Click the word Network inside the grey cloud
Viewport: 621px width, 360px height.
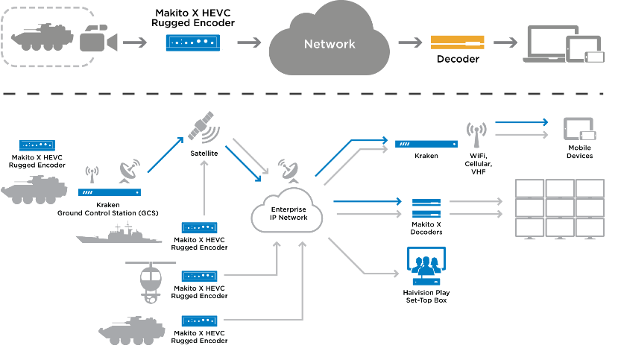pos(330,44)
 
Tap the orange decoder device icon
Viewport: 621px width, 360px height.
pos(458,42)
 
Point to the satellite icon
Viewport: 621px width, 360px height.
pos(203,128)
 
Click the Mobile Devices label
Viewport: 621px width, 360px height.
pos(579,152)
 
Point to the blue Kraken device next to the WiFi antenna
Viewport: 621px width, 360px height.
pos(426,142)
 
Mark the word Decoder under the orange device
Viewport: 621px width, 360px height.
pos(458,59)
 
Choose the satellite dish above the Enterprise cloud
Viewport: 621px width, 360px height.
pos(288,171)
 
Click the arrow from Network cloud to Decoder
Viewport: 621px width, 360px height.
pos(411,42)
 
